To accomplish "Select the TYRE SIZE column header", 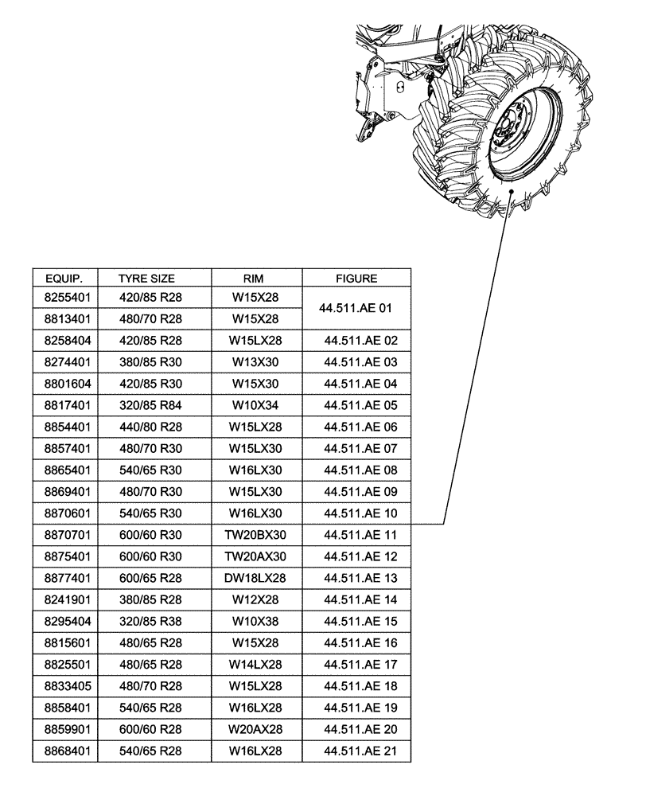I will (146, 279).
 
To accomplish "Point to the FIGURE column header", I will (356, 279).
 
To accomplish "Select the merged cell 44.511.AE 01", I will (356, 307).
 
